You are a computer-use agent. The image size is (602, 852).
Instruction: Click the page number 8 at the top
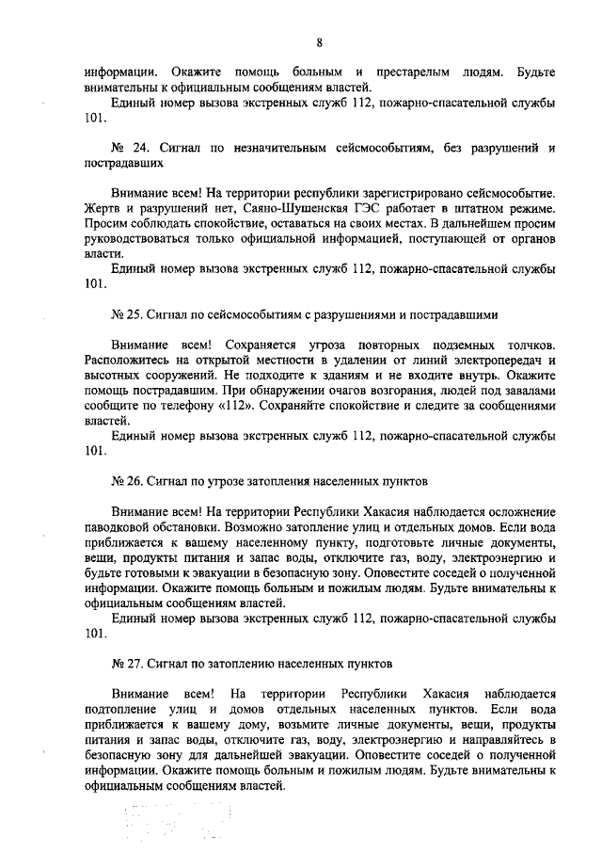[x=319, y=42]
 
